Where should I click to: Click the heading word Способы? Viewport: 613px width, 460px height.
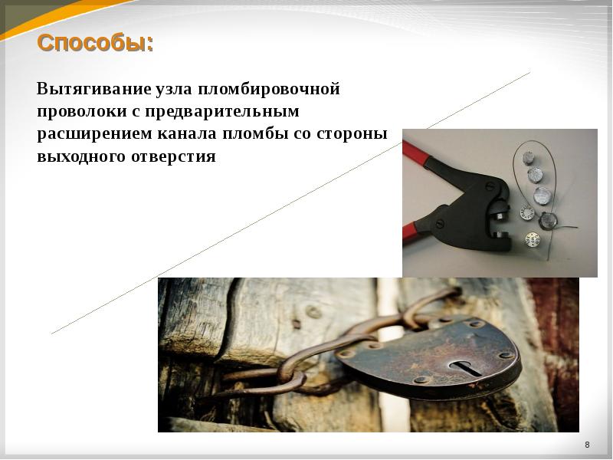tap(94, 43)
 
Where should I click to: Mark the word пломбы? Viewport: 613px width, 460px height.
tap(256, 134)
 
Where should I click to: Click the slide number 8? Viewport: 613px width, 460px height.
tap(587, 445)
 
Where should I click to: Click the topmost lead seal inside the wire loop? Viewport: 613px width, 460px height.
tap(528, 158)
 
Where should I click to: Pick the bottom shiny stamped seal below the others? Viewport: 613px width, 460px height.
tap(532, 239)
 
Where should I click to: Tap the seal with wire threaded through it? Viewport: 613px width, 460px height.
tap(549, 221)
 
